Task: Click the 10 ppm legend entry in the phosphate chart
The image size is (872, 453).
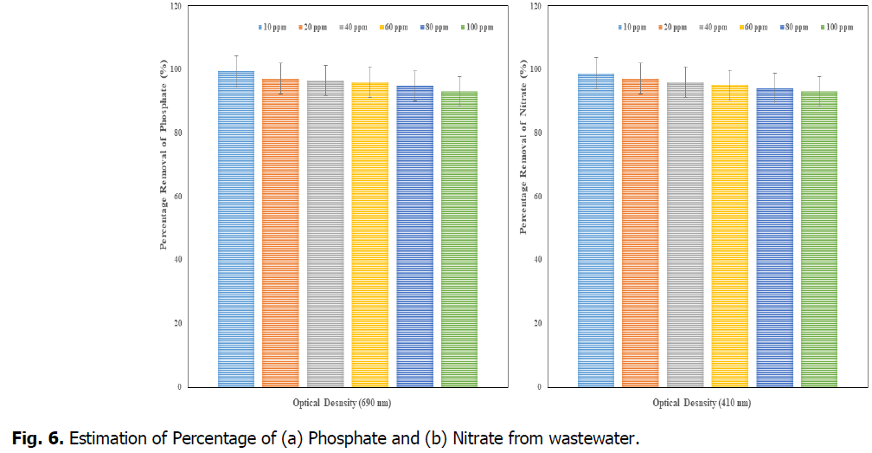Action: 272,28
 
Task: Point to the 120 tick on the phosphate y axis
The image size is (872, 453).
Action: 176,6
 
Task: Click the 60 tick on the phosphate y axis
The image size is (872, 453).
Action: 178,197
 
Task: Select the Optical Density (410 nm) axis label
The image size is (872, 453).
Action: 702,403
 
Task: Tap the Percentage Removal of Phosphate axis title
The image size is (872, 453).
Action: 163,155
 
